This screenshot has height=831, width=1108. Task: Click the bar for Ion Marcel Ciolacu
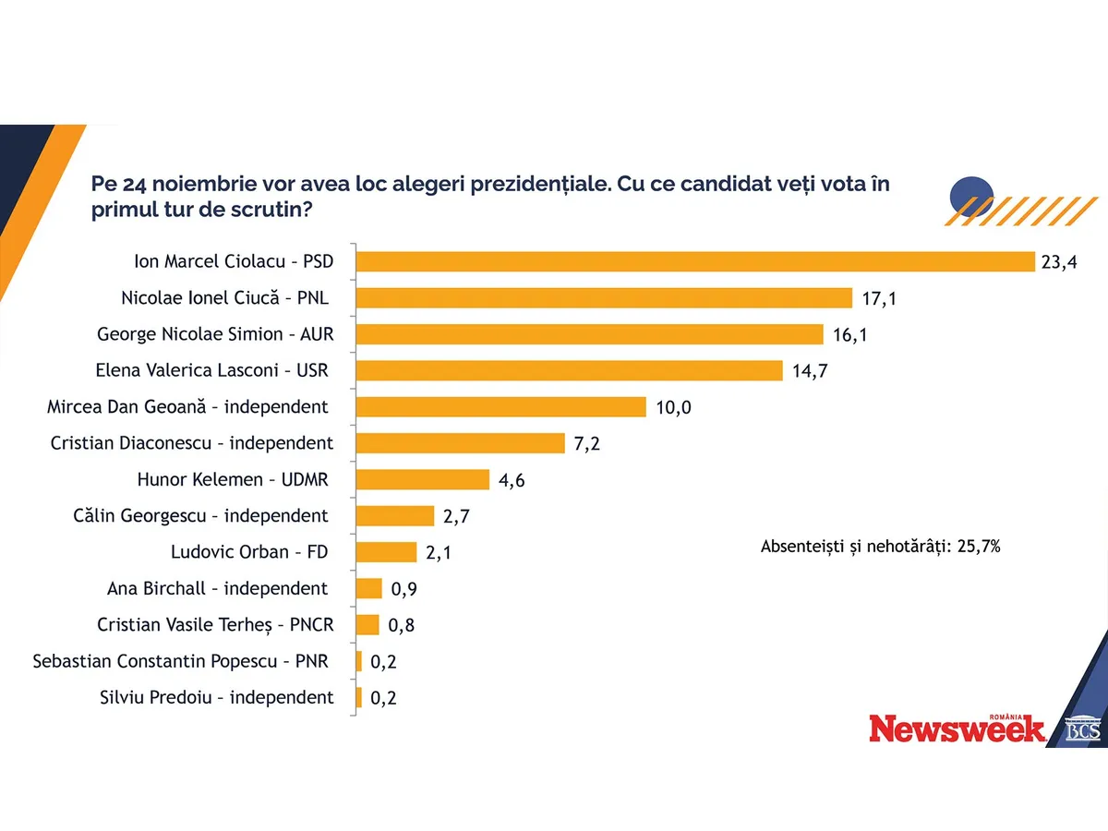click(x=695, y=261)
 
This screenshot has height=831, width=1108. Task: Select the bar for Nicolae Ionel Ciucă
click(x=604, y=297)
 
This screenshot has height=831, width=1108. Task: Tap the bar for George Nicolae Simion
click(x=589, y=333)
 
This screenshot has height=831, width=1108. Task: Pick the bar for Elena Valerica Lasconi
click(x=569, y=370)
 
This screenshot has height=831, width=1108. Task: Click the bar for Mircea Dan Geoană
click(x=500, y=406)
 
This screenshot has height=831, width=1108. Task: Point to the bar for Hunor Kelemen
click(x=422, y=479)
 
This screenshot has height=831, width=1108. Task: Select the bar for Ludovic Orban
click(x=386, y=552)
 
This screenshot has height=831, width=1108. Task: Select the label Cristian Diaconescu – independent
click(x=192, y=443)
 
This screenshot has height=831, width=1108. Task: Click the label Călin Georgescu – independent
click(x=200, y=516)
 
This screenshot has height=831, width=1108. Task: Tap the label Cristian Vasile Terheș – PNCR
click(x=215, y=625)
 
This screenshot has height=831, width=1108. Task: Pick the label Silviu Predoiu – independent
click(x=216, y=698)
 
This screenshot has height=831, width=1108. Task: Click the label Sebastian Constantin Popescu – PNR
click(x=180, y=661)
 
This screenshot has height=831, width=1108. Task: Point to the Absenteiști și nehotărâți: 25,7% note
click(x=881, y=547)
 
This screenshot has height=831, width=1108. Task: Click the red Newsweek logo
click(x=957, y=729)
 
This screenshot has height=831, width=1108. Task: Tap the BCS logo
click(x=1083, y=729)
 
